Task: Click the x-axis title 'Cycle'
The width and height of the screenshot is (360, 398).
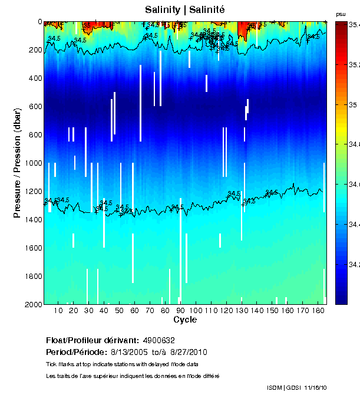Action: tap(185, 320)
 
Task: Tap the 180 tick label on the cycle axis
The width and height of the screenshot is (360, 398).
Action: tap(318, 310)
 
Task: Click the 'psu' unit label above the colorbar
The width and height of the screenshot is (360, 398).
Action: tap(341, 14)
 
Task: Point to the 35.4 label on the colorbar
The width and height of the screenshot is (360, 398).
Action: tap(354, 25)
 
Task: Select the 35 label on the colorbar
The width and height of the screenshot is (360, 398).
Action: tap(353, 105)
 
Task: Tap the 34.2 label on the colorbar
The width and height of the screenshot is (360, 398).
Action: tap(354, 265)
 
